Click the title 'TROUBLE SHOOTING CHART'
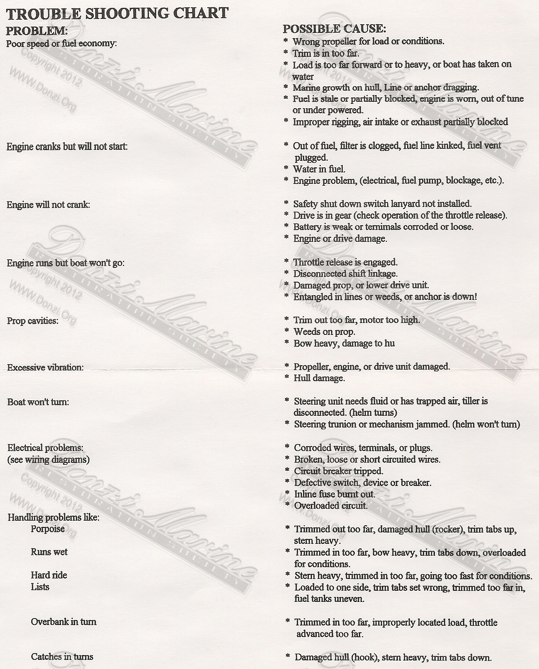[117, 14]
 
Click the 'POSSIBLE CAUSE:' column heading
[334, 29]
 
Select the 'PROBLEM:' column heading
[37, 31]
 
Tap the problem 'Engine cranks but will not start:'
[67, 146]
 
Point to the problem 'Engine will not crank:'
[48, 205]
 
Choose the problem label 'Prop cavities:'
[33, 321]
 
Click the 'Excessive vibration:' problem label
[45, 367]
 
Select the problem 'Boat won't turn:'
[38, 402]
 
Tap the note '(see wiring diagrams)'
[49, 459]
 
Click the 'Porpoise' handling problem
[48, 529]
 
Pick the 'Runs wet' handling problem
[49, 552]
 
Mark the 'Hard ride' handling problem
[49, 575]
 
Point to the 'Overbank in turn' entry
[64, 622]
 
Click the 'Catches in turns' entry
[62, 657]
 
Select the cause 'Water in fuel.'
[319, 169]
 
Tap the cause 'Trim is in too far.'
[326, 53]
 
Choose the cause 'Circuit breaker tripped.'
[339, 471]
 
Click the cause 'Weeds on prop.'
[324, 331]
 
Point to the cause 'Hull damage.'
[319, 378]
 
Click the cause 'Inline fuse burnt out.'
[334, 494]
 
